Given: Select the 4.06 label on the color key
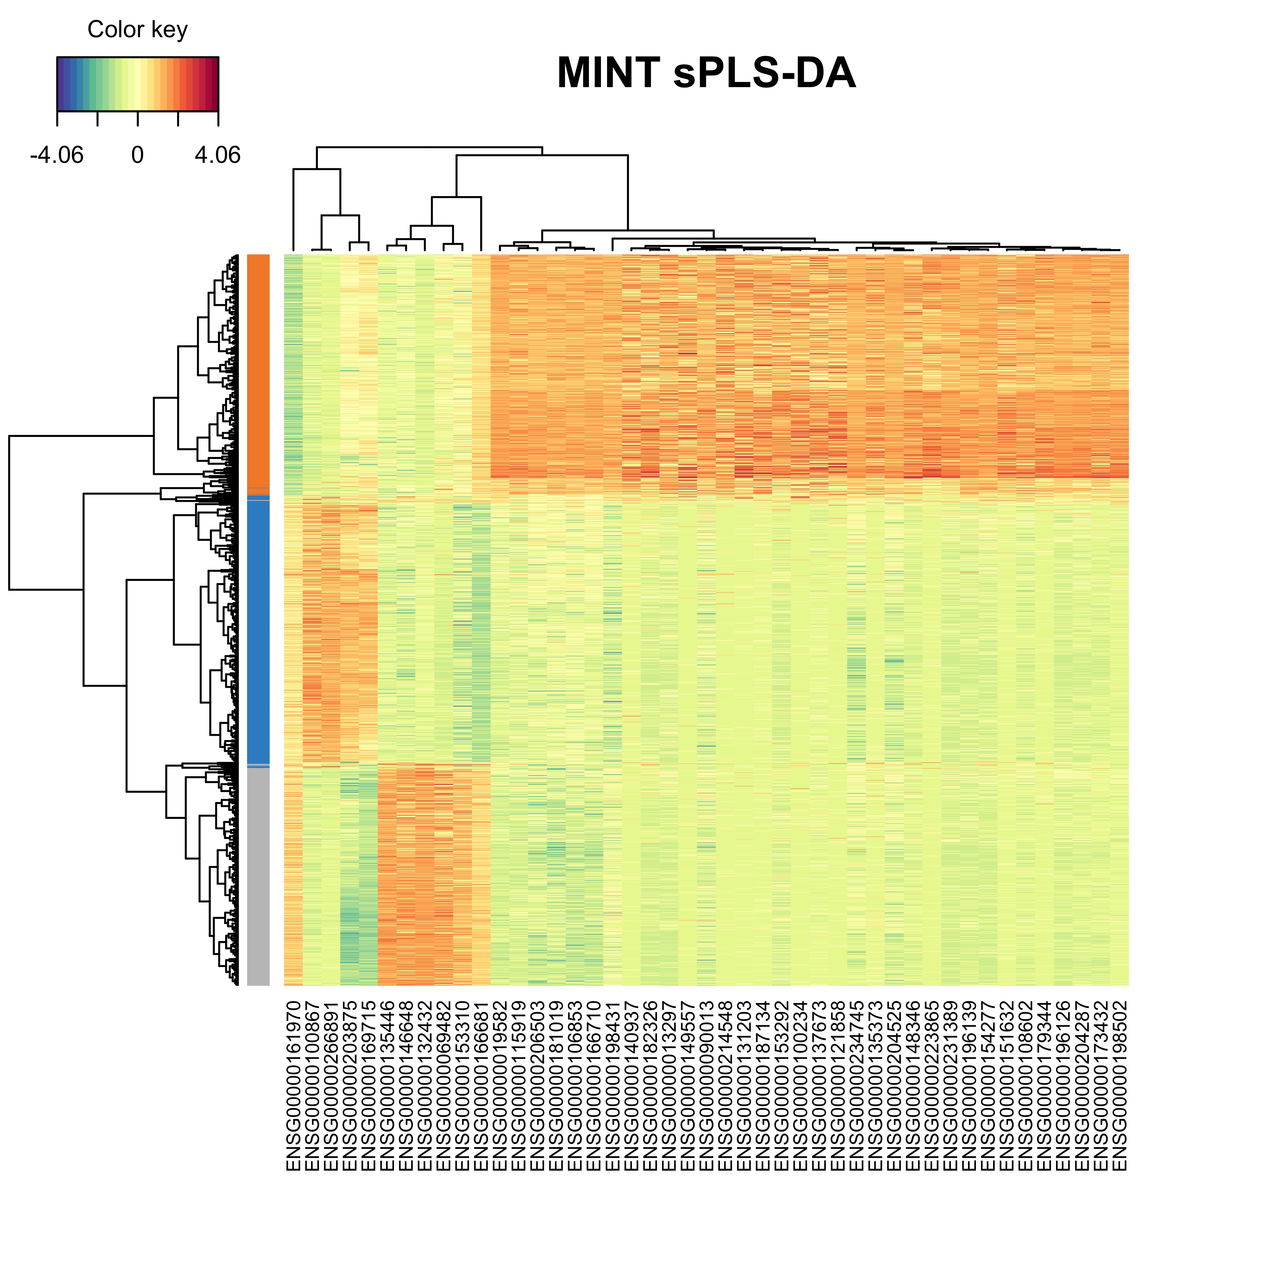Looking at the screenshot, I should tap(217, 156).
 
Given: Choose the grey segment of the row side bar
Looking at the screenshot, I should tap(258, 876).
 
